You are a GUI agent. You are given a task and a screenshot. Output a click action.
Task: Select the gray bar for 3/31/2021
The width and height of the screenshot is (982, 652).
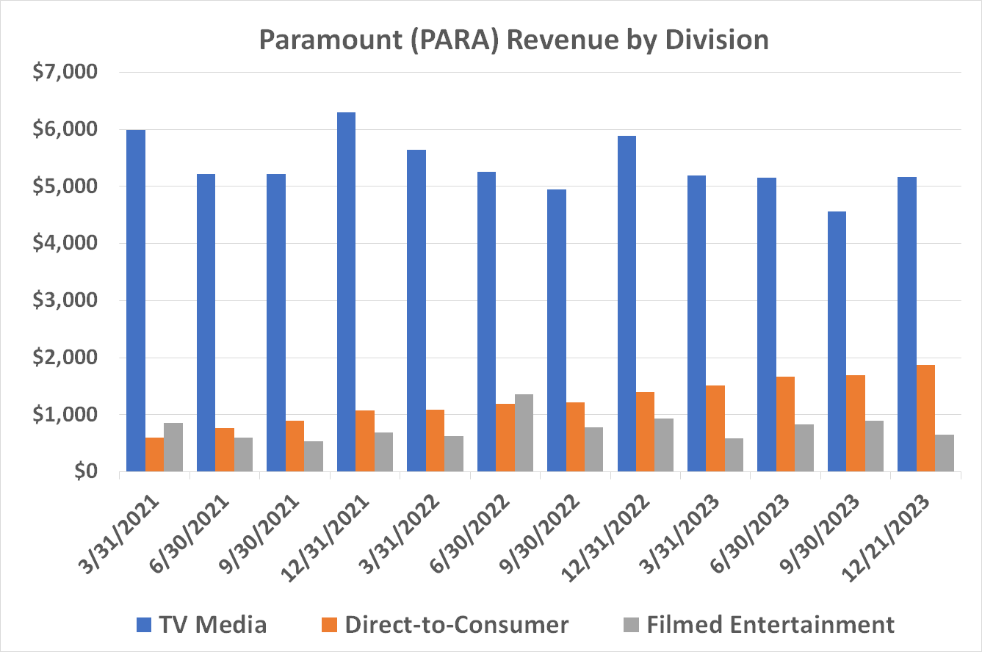pos(173,447)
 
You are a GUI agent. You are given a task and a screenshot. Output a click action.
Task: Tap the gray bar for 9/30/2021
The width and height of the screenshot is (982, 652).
pos(313,456)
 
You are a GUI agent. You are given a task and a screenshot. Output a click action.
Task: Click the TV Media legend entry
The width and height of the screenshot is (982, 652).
pos(201,624)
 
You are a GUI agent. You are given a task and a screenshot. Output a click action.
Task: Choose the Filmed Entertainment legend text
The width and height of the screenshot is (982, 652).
pos(770,624)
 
